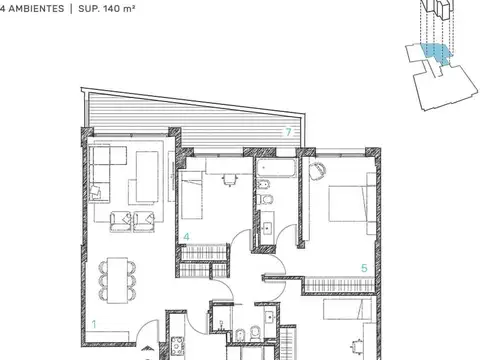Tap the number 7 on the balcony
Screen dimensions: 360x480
coord(288,132)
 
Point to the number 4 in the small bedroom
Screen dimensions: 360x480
coord(186,237)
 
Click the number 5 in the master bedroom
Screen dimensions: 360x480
coord(364,268)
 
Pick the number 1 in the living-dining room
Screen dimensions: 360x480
coord(94,323)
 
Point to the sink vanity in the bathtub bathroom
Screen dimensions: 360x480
coord(267,231)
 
